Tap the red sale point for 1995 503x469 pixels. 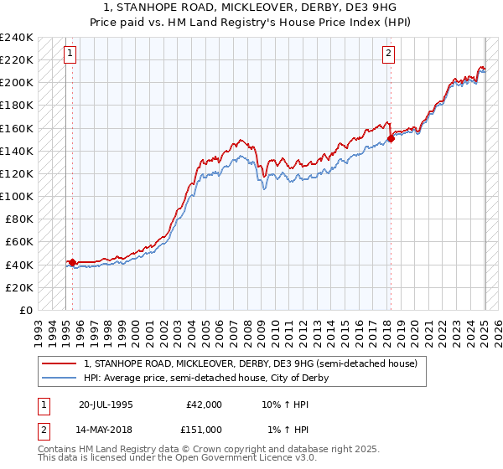click(x=72, y=262)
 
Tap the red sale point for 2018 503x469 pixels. click(x=391, y=139)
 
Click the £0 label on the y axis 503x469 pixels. click(x=25, y=310)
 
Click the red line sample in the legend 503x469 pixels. click(x=58, y=363)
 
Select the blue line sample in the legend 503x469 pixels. click(x=58, y=378)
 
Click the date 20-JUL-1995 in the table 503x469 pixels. click(x=107, y=405)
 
